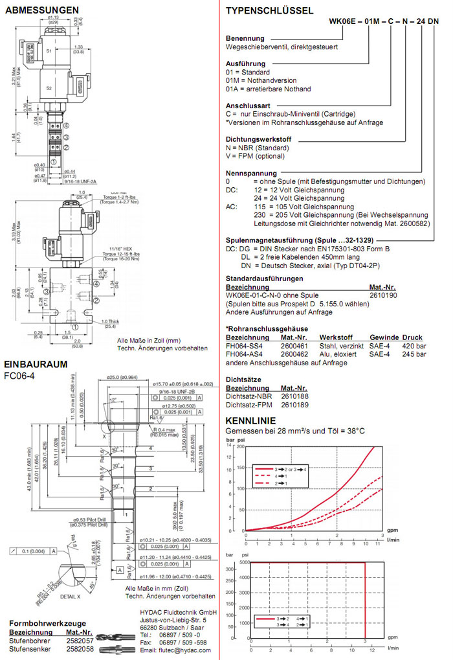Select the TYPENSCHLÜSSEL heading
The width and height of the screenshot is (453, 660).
coord(269,10)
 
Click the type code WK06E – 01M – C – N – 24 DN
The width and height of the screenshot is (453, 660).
coord(384,21)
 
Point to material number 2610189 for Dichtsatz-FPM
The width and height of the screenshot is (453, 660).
coord(294,404)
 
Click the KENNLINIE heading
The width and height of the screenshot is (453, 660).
coord(250,421)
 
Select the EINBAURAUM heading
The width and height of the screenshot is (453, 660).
coord(36,364)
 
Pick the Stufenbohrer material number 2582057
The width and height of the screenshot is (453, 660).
coord(80,639)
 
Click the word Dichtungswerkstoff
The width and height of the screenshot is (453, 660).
coord(259,140)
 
